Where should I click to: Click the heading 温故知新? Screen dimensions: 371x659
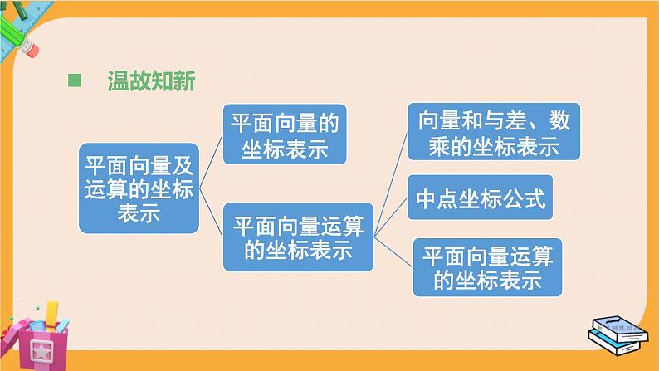[150, 81]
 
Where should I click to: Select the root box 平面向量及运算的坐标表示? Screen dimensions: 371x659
[139, 188]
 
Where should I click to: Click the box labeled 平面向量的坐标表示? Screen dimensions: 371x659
[284, 136]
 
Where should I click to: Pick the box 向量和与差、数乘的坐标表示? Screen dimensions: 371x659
[494, 133]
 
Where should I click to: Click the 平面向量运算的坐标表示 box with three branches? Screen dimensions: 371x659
[298, 237]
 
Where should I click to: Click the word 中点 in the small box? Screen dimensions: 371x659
[437, 200]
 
